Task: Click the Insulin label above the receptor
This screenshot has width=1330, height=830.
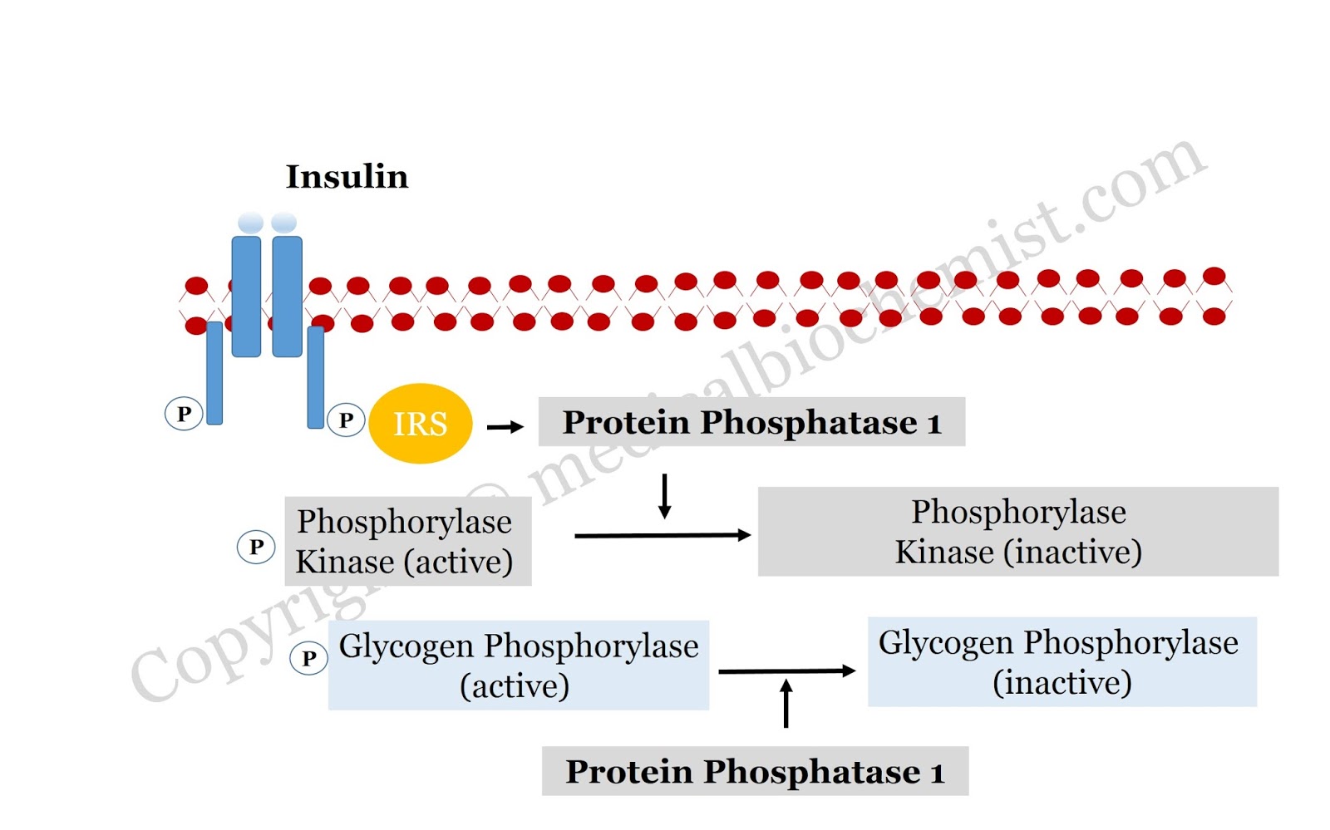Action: [x=347, y=177]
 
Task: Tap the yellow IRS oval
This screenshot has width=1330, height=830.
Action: [x=420, y=424]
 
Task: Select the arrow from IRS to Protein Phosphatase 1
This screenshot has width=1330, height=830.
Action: [x=505, y=427]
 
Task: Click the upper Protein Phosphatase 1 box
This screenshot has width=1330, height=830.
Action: [x=751, y=422]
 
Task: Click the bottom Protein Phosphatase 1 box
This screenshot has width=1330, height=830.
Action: [x=755, y=771]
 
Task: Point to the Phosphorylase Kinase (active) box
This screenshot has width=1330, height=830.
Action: [x=407, y=542]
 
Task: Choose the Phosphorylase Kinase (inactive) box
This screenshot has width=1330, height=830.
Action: [x=1017, y=532]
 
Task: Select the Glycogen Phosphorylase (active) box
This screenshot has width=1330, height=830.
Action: [x=518, y=665]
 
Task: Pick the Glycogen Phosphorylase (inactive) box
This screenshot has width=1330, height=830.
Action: [x=1062, y=662]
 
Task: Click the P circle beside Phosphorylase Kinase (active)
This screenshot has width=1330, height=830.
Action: [x=256, y=547]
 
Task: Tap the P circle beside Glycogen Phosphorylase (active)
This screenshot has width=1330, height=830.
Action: [x=308, y=658]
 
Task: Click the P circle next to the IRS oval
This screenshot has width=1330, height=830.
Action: [x=346, y=420]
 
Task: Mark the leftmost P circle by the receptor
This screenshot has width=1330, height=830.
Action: [x=184, y=413]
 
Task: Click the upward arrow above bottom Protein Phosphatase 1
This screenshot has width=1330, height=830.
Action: [x=786, y=703]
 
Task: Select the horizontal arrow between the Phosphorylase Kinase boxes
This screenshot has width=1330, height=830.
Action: [x=663, y=535]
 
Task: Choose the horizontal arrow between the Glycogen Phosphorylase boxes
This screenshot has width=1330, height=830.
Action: [x=786, y=670]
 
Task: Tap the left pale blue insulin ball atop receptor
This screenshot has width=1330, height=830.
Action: [x=250, y=223]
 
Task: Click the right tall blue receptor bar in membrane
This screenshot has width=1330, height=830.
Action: [x=287, y=297]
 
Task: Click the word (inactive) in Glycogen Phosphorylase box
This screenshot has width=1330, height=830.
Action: [x=1062, y=683]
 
